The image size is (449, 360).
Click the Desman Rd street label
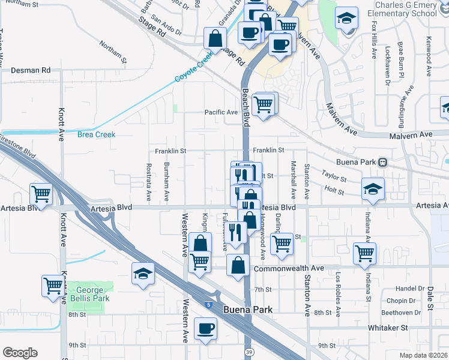(x=30, y=70)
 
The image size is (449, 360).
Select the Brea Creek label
(x=96, y=134)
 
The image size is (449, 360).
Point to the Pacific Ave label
(x=221, y=112)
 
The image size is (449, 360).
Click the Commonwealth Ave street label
(x=289, y=268)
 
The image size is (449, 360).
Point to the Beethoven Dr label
(x=408, y=313)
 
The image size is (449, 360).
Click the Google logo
(x=20, y=352)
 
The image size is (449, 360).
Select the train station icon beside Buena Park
(x=382, y=162)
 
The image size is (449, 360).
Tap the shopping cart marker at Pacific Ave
(x=264, y=104)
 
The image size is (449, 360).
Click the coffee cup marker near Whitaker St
(x=205, y=329)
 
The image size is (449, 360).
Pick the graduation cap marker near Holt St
(x=373, y=188)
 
